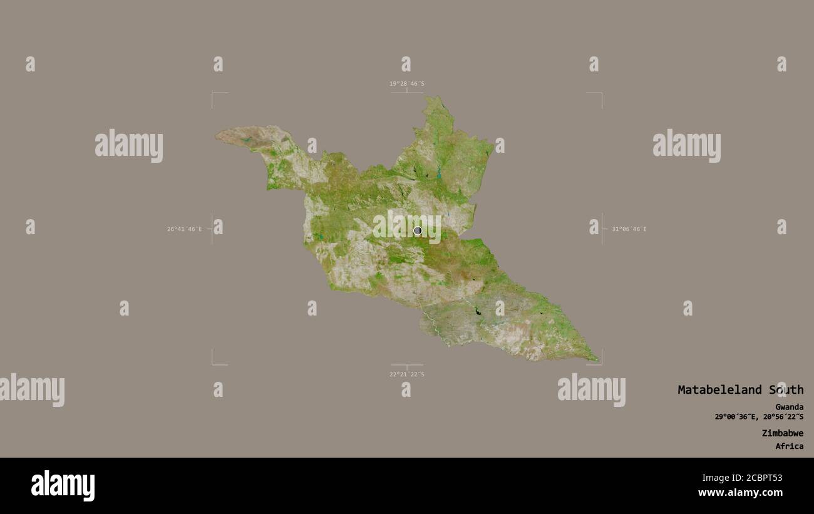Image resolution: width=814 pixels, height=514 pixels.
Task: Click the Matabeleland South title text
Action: pos(740,390)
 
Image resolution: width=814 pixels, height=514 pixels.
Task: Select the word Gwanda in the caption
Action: pos(789,407)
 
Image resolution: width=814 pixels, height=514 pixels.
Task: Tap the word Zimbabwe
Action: pos(783,433)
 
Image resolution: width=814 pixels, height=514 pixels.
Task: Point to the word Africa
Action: pos(790,446)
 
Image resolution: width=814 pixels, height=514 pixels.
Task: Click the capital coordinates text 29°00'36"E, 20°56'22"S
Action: pos(759,417)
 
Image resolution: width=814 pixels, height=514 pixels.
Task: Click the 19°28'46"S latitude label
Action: pos(406,84)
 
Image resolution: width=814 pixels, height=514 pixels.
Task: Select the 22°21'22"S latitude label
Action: pos(406,374)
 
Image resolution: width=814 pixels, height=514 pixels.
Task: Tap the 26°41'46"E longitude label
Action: pos(184,229)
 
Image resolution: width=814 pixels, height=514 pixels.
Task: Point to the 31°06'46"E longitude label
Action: pos(629,229)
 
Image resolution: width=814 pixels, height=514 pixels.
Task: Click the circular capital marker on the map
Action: pos(418,230)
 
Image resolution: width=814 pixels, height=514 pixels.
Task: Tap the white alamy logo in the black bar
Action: pos(63,486)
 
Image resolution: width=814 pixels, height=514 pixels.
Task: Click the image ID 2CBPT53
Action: pos(758,478)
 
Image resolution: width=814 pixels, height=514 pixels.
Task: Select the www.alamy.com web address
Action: pos(741,493)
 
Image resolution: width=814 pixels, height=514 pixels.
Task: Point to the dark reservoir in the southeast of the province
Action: pos(477,311)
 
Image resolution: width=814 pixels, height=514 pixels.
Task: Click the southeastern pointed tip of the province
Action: pos(596,361)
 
